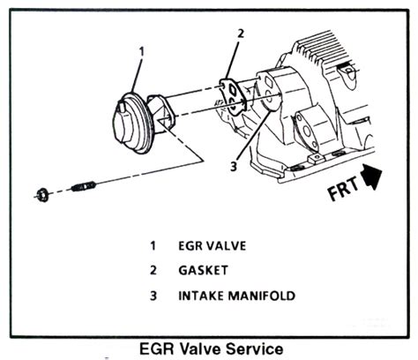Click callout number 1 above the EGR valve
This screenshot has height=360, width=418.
pos(142,51)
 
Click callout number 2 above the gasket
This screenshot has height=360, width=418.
pos(241,34)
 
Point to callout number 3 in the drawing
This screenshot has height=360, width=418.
pos(234,167)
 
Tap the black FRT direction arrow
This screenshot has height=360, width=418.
pos(371,176)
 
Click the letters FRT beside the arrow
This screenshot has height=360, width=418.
pos(343,189)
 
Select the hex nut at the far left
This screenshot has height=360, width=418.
pos(43,195)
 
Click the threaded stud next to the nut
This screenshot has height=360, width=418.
pos(84,186)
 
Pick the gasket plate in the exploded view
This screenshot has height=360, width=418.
pos(232,96)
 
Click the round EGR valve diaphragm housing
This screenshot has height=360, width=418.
pos(132,123)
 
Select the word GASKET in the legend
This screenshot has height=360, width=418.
pos(204,270)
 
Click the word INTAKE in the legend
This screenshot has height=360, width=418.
pos(201,296)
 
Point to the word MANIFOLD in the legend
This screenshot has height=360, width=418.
pos(262,296)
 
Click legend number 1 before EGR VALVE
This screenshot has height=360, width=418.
pos(153,246)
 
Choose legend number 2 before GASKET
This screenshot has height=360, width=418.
pos(153,270)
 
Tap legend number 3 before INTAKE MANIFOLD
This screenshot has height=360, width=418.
pos(153,296)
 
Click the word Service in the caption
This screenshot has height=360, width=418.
pos(255,349)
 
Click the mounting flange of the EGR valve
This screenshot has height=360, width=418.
pos(160,113)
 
